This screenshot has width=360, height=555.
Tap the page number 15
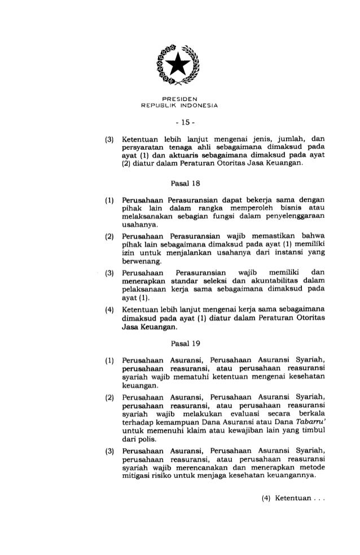coord(179,120)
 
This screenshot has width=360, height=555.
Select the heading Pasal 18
coord(180,182)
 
